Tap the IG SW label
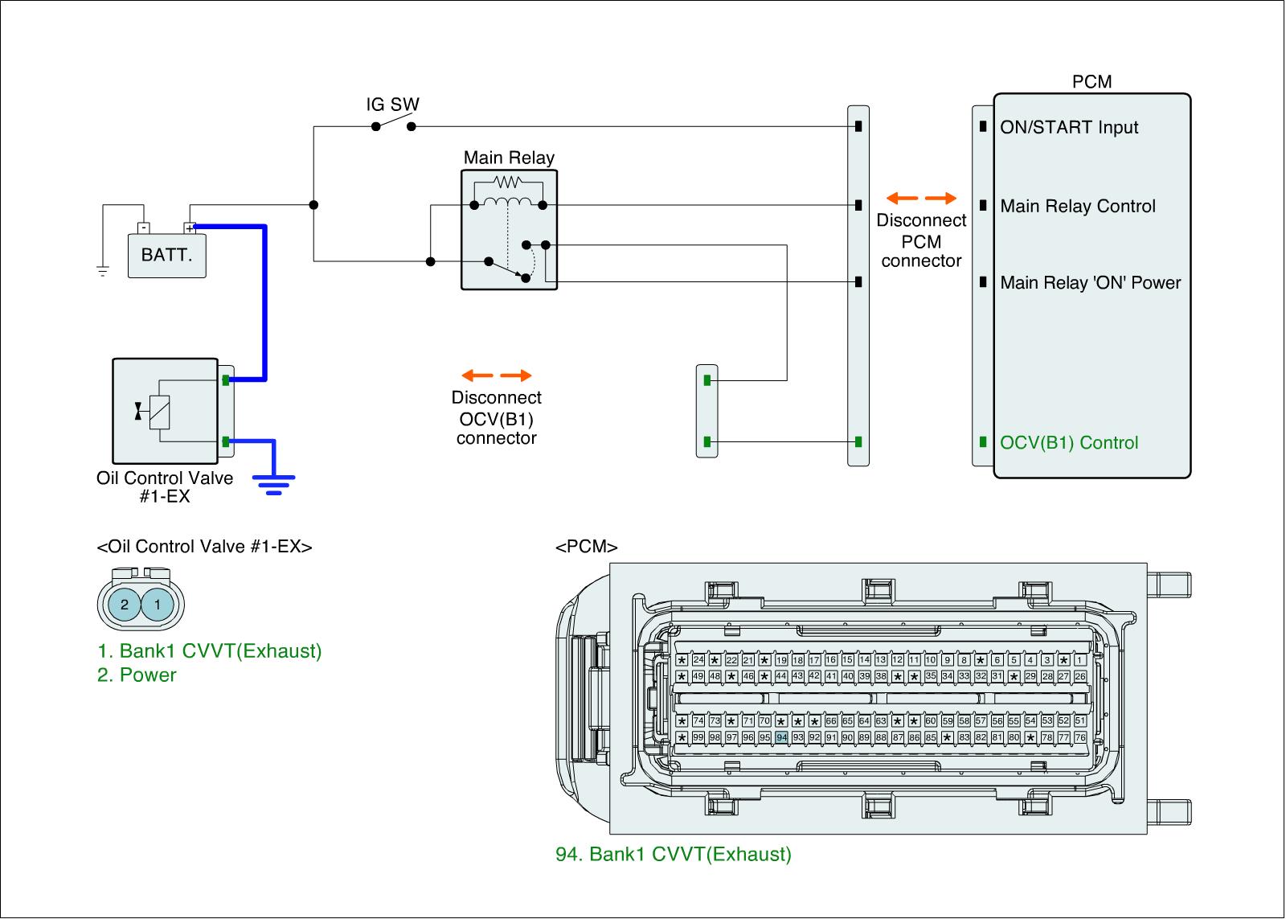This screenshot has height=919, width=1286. click(x=393, y=105)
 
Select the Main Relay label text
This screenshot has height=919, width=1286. click(x=509, y=158)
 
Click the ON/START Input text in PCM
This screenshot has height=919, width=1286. click(x=1069, y=127)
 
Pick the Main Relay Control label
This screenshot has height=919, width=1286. click(x=1078, y=206)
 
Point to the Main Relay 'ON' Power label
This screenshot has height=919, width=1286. click(x=1090, y=282)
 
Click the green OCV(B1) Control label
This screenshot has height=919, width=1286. click(x=1069, y=442)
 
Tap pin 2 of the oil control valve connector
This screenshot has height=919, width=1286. click(x=125, y=605)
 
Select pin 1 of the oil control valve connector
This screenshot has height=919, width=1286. click(x=158, y=605)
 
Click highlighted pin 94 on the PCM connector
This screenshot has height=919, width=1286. click(x=781, y=737)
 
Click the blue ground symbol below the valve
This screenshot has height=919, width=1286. click(x=274, y=485)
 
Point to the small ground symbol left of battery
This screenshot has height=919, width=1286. click(x=103, y=272)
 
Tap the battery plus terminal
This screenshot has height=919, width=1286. click(x=190, y=228)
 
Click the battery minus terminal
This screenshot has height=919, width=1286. click(x=144, y=228)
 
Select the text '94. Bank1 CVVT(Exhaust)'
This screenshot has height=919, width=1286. click(x=674, y=854)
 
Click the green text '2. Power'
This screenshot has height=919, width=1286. click(x=137, y=675)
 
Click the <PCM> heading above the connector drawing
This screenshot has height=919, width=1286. click(x=587, y=546)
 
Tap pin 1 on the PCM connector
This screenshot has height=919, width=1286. click(x=1079, y=660)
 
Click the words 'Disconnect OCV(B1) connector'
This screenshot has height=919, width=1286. click(x=497, y=417)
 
